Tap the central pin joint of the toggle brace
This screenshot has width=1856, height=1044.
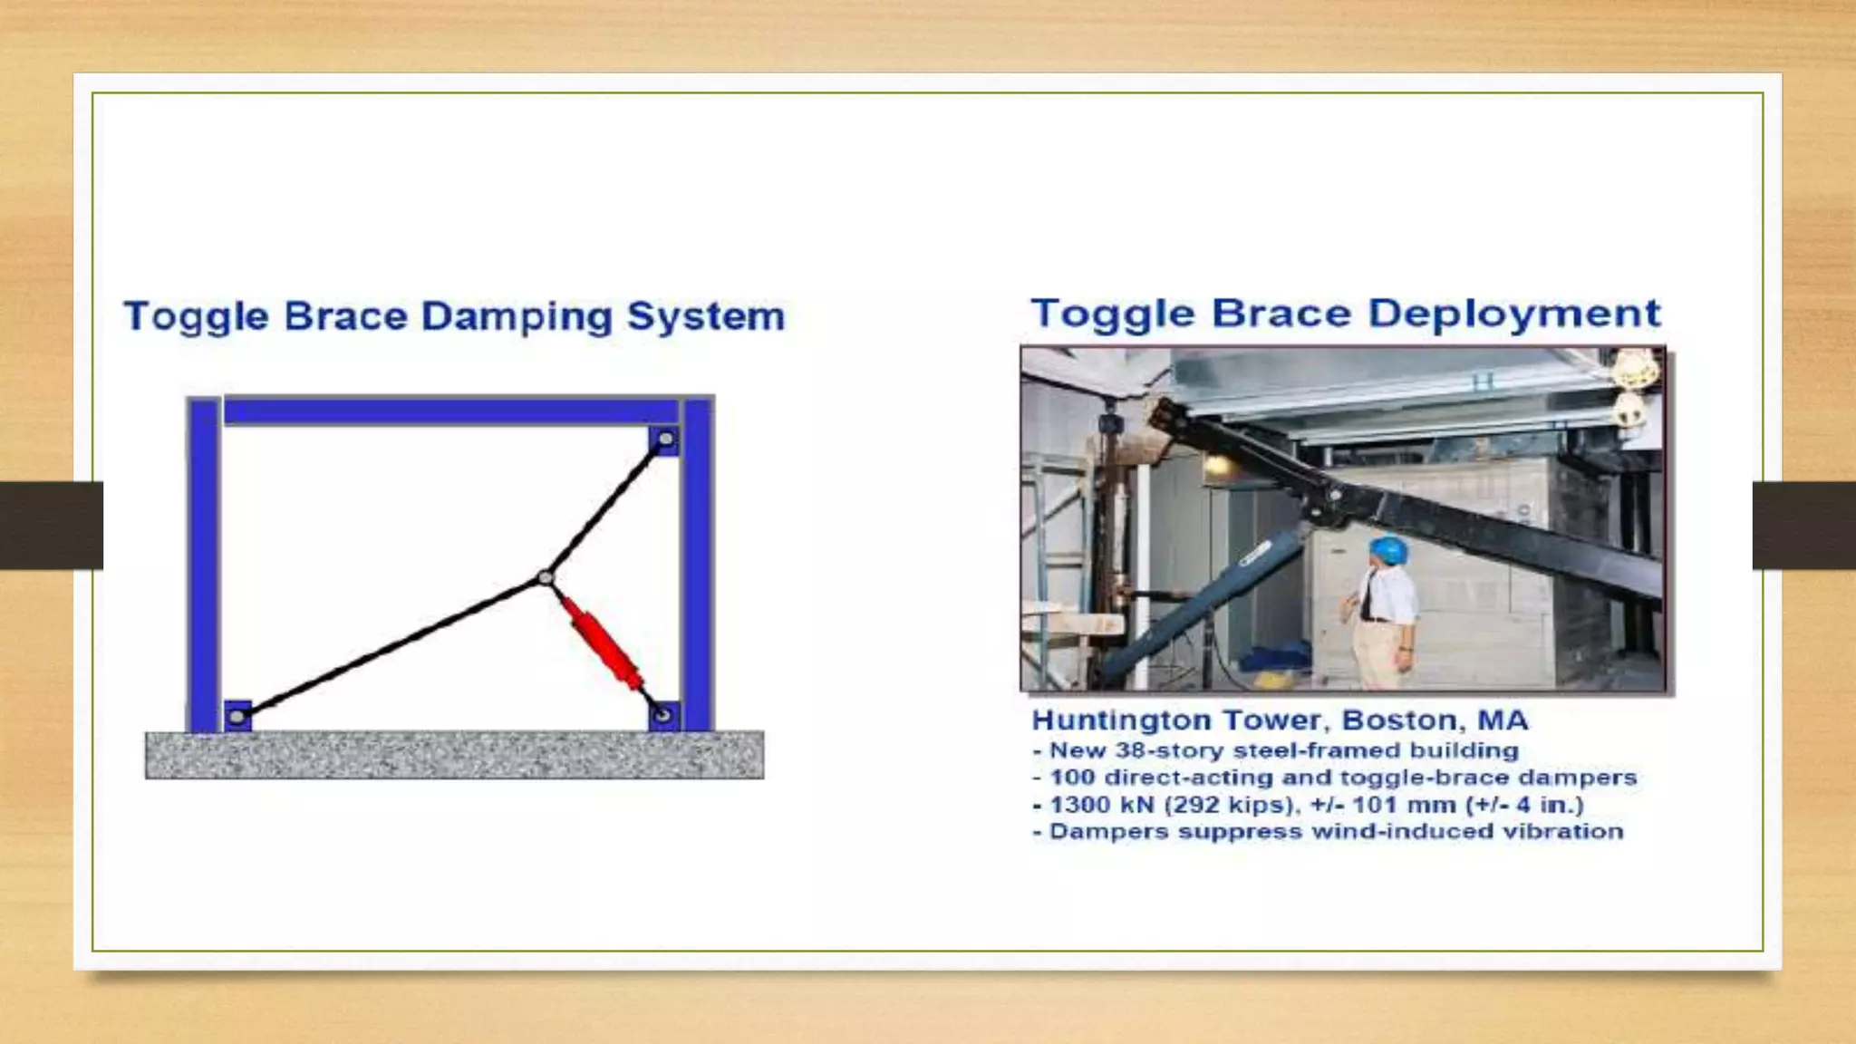pyautogui.click(x=545, y=577)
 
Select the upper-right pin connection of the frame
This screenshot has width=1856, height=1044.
pyautogui.click(x=665, y=440)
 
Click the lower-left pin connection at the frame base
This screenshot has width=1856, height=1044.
pyautogui.click(x=237, y=717)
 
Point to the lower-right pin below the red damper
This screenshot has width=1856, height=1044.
pyautogui.click(x=663, y=716)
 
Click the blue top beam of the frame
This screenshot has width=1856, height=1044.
pyautogui.click(x=451, y=411)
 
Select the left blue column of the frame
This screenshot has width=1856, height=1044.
pyautogui.click(x=203, y=562)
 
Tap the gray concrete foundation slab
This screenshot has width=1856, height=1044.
pyautogui.click(x=454, y=755)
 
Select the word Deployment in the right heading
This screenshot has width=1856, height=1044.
pyautogui.click(x=1513, y=314)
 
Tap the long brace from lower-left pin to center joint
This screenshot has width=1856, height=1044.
pyautogui.click(x=390, y=647)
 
